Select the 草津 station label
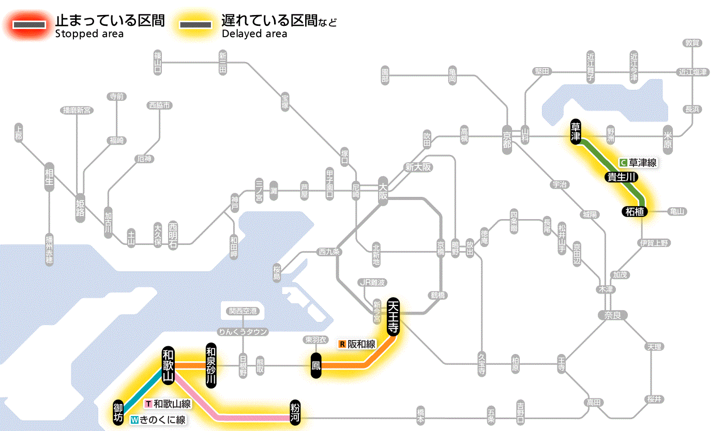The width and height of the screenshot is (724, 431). click(x=576, y=132)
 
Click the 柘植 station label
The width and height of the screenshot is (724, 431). click(x=634, y=211)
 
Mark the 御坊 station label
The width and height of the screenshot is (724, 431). click(x=118, y=412)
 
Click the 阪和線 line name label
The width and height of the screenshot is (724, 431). click(x=358, y=344)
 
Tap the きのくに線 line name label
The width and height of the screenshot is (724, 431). click(x=158, y=420)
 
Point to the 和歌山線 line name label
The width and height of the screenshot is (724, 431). click(x=168, y=404)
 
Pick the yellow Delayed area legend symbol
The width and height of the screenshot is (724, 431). click(x=195, y=25)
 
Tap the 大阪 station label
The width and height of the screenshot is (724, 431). click(x=383, y=190)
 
